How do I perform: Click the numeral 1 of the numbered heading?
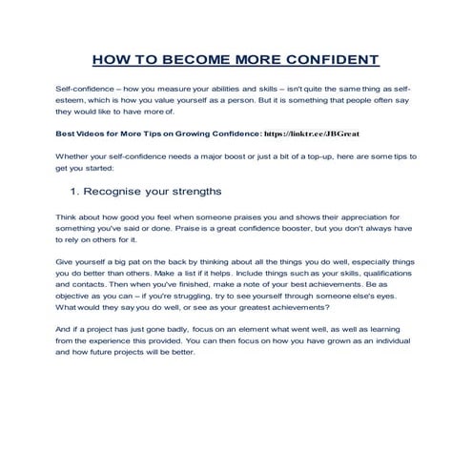coord(75,191)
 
